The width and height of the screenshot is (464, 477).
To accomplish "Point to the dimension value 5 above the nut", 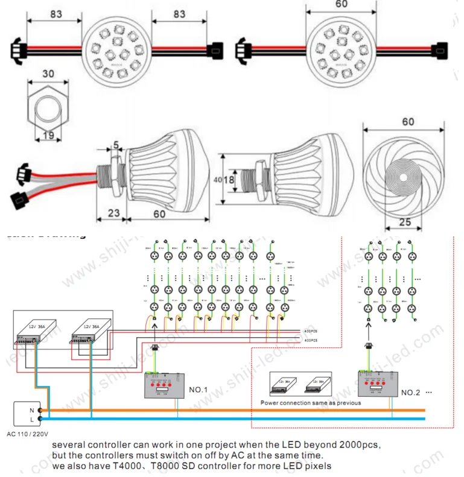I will pos(115,145).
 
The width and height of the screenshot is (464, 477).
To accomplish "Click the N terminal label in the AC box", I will pos(31,410).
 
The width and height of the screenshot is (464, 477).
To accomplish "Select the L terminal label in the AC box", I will pos(31,419).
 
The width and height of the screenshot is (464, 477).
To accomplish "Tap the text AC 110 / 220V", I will pos(28,433).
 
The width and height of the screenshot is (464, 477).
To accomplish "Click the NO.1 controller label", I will pos(199,390).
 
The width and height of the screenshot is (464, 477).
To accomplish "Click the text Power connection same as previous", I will pos(311,403).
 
